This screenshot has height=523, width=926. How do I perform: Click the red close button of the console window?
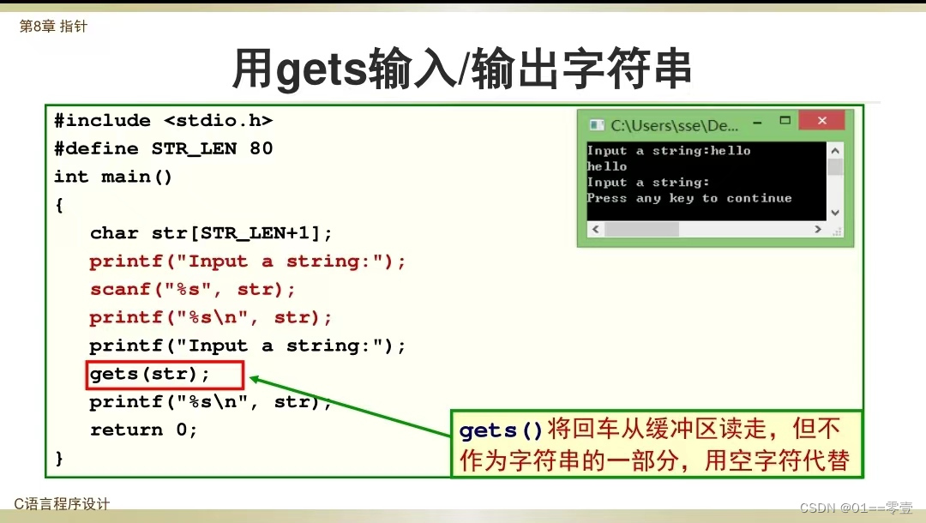[821, 120]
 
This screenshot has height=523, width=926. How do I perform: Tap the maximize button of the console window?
[785, 120]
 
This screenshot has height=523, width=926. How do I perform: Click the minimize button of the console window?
[758, 123]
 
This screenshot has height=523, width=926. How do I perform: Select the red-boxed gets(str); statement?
[149, 375]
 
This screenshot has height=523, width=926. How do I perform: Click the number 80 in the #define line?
[261, 148]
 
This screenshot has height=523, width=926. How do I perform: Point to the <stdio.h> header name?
[219, 120]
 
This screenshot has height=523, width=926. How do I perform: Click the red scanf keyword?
[120, 289]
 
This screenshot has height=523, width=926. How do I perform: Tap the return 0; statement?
[143, 430]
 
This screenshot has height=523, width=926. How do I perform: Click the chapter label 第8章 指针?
[53, 27]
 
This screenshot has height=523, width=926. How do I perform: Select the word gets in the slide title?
[322, 69]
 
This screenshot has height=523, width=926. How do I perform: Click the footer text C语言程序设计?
[62, 504]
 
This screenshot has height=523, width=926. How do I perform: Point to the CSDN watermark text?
[857, 508]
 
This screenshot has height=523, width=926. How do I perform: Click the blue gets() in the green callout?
[501, 430]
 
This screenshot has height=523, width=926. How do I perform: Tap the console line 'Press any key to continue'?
[689, 198]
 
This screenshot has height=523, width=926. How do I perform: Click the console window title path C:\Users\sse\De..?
[674, 126]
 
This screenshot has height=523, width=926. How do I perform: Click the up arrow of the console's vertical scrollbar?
[835, 151]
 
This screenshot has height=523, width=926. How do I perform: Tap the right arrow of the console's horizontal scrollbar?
[818, 229]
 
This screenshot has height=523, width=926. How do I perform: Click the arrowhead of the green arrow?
[256, 378]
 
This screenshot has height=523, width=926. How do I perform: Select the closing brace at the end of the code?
[58, 458]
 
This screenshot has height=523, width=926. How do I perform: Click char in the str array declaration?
[114, 233]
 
